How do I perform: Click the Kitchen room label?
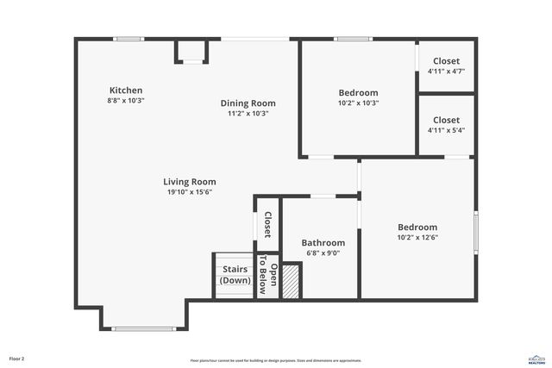126,90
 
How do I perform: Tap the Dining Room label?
248,103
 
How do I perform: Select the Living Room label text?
190,182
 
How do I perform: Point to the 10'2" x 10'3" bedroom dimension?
358,103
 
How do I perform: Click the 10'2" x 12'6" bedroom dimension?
417,237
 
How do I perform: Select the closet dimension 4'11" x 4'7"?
446,72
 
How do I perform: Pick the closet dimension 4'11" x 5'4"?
446,130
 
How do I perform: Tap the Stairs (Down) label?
235,275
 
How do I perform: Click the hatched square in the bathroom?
292,282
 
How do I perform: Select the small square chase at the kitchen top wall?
191,51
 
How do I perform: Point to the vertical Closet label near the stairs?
268,225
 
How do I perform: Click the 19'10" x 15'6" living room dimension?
190,192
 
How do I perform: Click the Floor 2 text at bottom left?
16,359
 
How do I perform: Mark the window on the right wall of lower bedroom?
475,232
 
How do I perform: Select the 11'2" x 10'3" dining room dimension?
248,114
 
